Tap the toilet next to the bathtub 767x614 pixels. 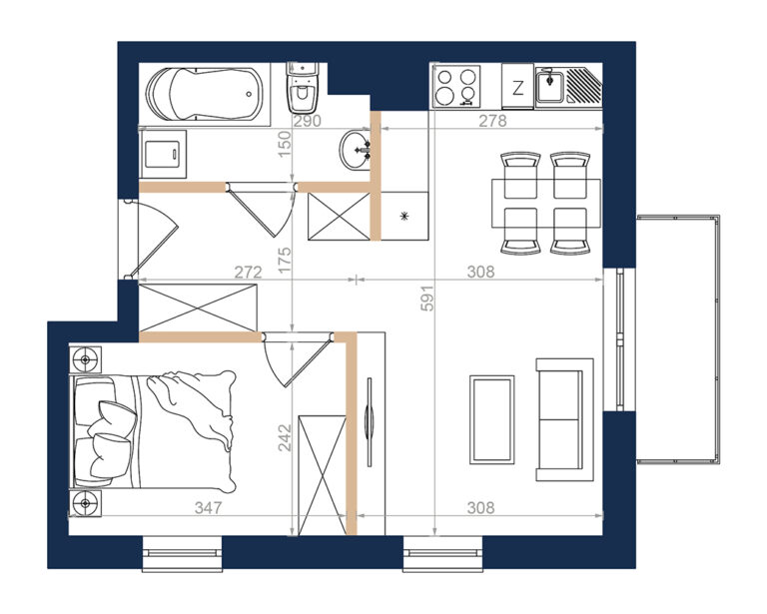tap(303, 87)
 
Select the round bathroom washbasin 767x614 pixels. tap(355, 150)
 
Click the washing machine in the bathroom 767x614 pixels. tap(164, 154)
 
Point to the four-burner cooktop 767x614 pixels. tap(456, 87)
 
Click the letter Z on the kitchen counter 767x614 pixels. tap(517, 88)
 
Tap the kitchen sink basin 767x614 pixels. tap(550, 86)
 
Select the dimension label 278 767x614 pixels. tap(492, 120)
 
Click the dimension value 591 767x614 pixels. tap(427, 299)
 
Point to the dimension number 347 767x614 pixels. tap(209, 507)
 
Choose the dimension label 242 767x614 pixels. tap(285, 437)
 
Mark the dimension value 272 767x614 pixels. tap(248, 272)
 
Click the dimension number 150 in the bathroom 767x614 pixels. tap(285, 144)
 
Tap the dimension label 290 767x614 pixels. tap(308, 120)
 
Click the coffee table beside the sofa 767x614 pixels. tap(491, 419)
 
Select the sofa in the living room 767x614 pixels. tap(564, 419)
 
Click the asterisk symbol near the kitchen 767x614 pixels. tap(404, 216)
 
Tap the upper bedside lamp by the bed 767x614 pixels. tap(85, 359)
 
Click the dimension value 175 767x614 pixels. tap(285, 260)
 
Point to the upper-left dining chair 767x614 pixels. tap(520, 175)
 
